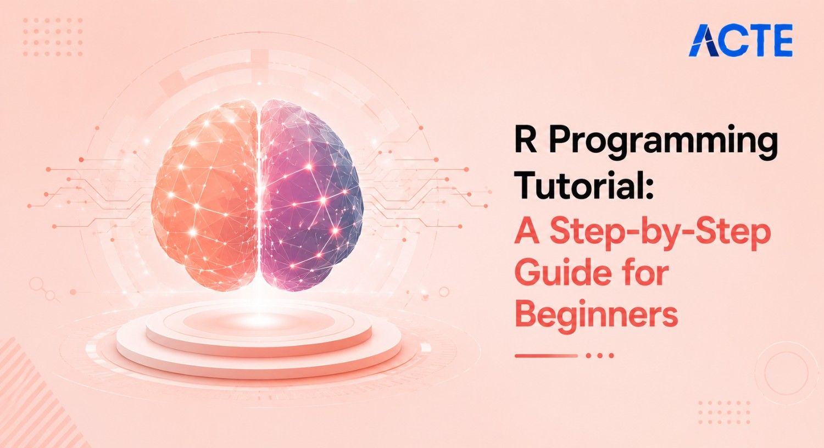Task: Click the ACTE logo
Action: (x=741, y=41)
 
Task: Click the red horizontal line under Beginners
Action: (x=546, y=356)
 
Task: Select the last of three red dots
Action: (x=611, y=356)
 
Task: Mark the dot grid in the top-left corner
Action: (x=53, y=37)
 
